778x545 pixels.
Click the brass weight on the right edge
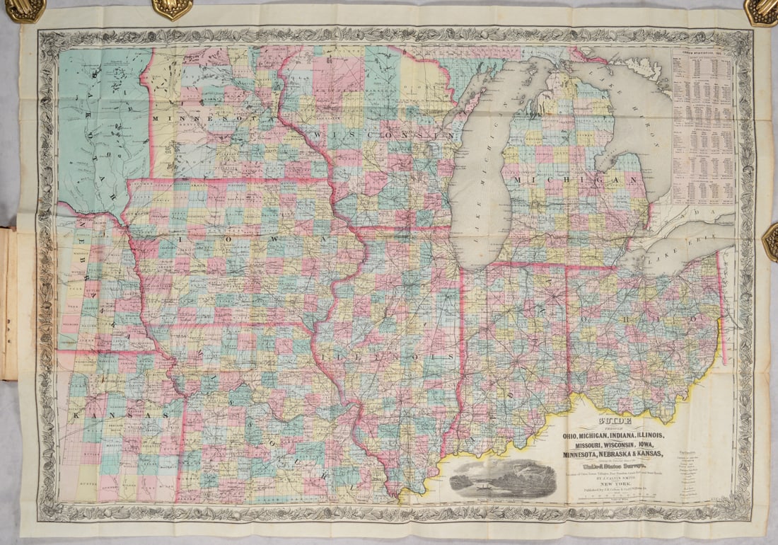770,241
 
